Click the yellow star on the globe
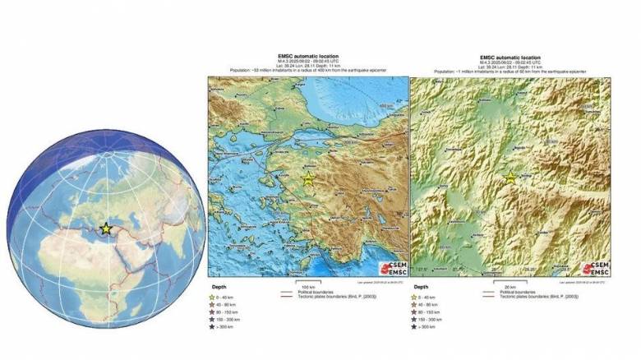point(105,228)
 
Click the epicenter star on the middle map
point(308,178)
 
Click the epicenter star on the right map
point(510,178)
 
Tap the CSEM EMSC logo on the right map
point(595,268)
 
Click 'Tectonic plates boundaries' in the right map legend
point(526,296)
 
